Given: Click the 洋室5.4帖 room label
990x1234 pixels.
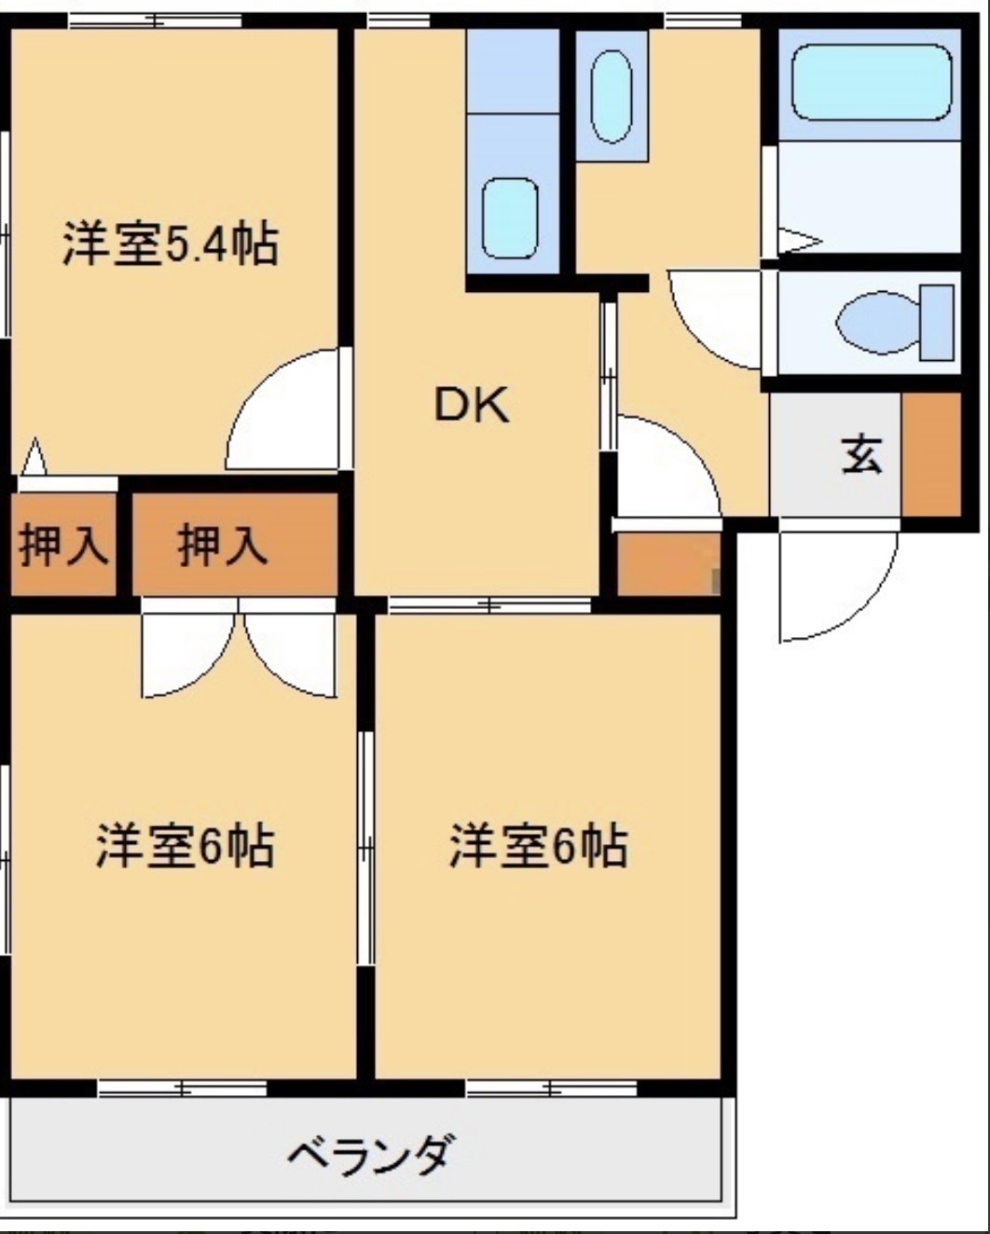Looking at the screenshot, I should (x=170, y=243).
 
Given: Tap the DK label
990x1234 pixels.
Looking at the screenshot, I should (x=472, y=406).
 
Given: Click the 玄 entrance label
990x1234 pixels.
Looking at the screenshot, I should (x=861, y=454).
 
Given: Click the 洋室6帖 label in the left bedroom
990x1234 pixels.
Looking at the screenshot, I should (x=185, y=846).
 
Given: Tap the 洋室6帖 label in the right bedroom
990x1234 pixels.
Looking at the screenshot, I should (x=538, y=846).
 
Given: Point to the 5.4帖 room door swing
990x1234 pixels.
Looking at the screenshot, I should (x=284, y=415).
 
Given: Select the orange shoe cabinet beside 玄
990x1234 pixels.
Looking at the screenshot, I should (x=930, y=454).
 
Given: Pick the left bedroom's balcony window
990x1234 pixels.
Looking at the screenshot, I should (x=183, y=1088).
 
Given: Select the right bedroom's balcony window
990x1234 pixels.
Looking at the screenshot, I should (x=552, y=1088).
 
